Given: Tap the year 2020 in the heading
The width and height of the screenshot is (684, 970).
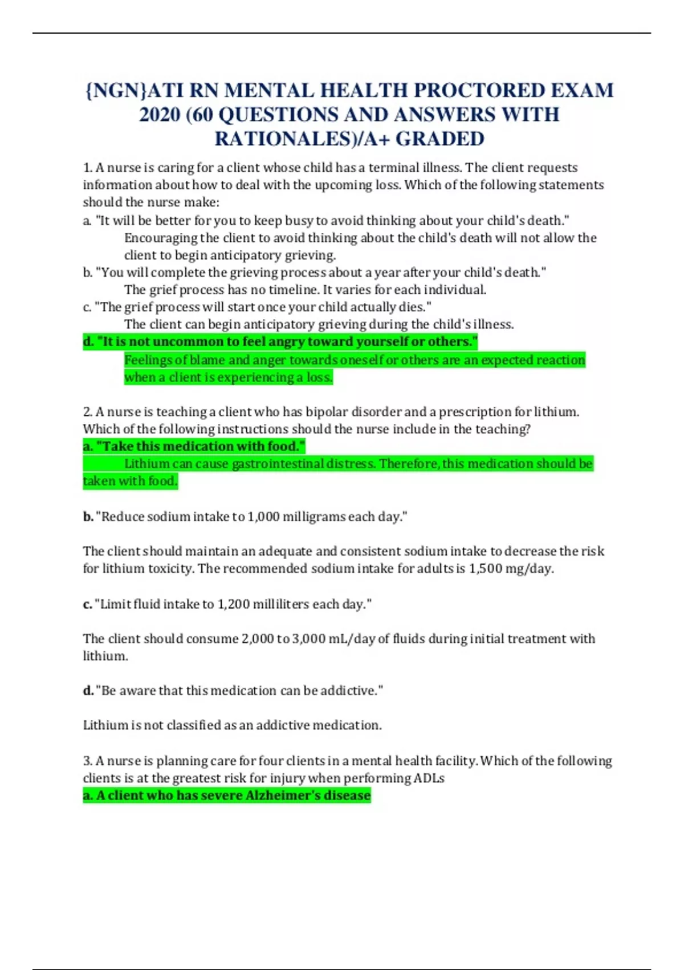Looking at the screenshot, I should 159,115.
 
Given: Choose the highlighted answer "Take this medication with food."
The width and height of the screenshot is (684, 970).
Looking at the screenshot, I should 194,446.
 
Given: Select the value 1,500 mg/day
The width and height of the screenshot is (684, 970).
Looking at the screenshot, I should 510,569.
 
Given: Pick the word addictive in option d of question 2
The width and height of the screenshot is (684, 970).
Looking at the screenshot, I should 348,691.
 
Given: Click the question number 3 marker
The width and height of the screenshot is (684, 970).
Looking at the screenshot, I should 87,761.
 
